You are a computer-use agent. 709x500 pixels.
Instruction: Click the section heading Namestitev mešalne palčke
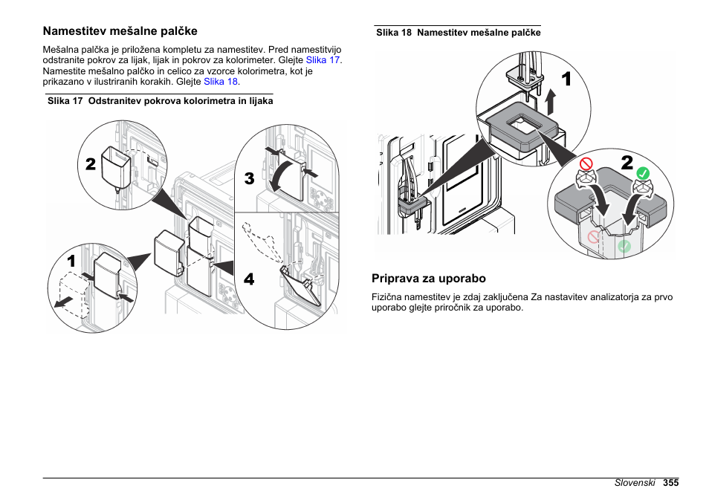(120, 31)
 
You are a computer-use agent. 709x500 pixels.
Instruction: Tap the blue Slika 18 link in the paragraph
(221, 82)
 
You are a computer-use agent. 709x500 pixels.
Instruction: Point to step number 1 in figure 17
(71, 262)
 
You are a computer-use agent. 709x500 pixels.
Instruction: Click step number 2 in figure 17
(90, 164)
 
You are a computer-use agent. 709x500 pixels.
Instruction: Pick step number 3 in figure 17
(249, 179)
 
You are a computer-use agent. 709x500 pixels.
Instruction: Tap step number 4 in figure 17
(248, 279)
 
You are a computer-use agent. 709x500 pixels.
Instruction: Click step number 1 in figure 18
(566, 79)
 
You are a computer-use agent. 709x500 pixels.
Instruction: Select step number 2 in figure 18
(627, 163)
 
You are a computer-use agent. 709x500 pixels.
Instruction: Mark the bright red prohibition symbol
(586, 162)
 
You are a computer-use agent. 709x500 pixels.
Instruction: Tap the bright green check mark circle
(644, 173)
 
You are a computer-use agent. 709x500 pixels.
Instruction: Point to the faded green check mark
(624, 245)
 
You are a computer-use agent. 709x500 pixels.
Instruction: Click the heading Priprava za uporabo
(429, 279)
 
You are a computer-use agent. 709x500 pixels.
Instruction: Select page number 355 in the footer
(671, 483)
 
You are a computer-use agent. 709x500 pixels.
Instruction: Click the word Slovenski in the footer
(635, 483)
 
